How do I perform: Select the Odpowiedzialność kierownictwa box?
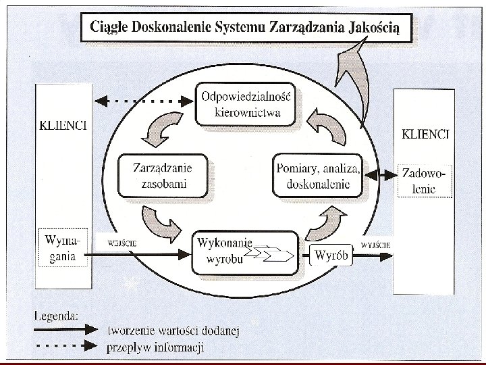click(246, 103)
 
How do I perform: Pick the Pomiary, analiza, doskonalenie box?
click(318, 175)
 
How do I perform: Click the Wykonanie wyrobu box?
click(244, 253)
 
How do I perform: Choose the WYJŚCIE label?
click(374, 244)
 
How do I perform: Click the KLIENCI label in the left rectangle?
click(63, 126)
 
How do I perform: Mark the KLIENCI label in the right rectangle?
click(425, 134)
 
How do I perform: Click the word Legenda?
click(57, 314)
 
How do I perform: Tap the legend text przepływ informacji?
click(155, 348)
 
